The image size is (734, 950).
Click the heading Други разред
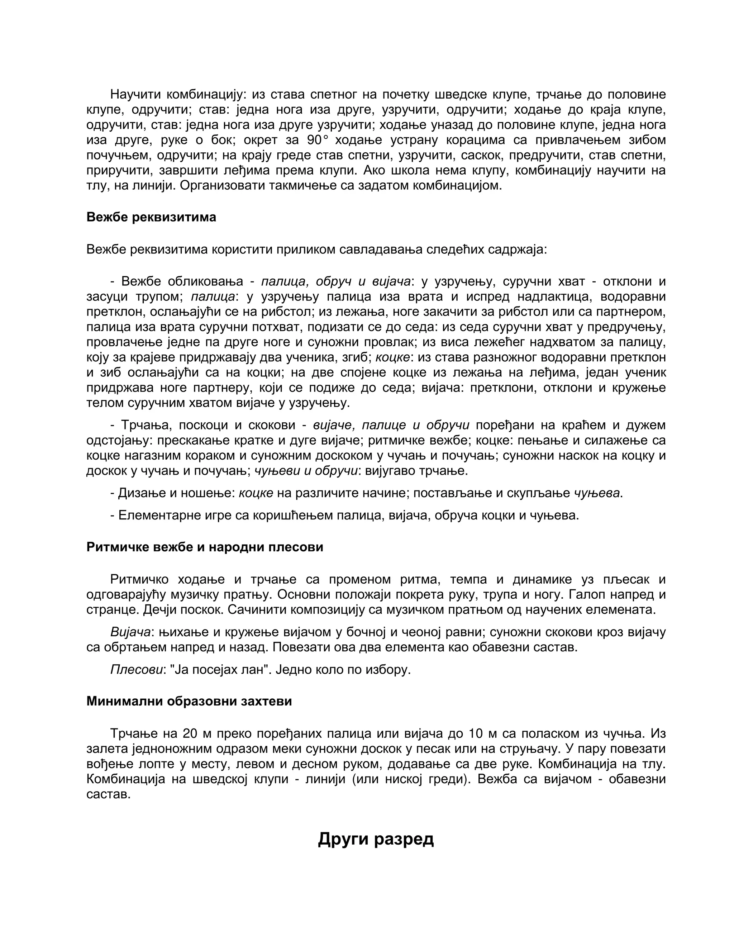coord(376,839)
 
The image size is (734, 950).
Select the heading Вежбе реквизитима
coord(151,217)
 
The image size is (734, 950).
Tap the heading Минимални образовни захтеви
coord(189,701)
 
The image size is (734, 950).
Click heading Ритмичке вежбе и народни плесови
coord(204,547)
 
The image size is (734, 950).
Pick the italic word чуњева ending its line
coord(597,493)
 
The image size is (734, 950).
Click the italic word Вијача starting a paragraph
coord(130,632)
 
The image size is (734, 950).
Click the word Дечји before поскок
coord(159,610)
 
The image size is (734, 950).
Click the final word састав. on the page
coord(108,795)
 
